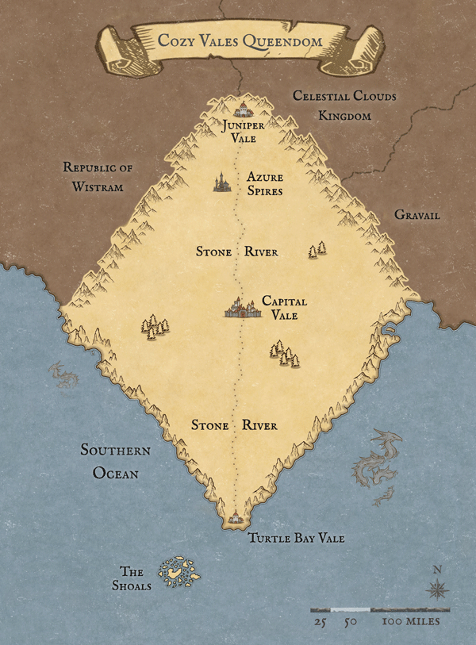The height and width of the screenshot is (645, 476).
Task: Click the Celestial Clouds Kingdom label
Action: pyautogui.click(x=344, y=106)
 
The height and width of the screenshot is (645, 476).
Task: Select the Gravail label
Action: pyautogui.click(x=416, y=216)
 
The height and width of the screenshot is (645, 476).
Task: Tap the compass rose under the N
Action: pyautogui.click(x=436, y=589)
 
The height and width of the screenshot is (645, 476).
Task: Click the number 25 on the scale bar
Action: pyautogui.click(x=321, y=621)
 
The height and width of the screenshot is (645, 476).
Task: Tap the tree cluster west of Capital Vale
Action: pyautogui.click(x=153, y=325)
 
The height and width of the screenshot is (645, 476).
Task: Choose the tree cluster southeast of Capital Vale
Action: pyautogui.click(x=284, y=354)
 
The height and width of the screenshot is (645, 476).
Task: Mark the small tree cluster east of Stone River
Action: pyautogui.click(x=317, y=249)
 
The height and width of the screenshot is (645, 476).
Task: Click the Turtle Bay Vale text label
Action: pyautogui.click(x=296, y=538)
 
